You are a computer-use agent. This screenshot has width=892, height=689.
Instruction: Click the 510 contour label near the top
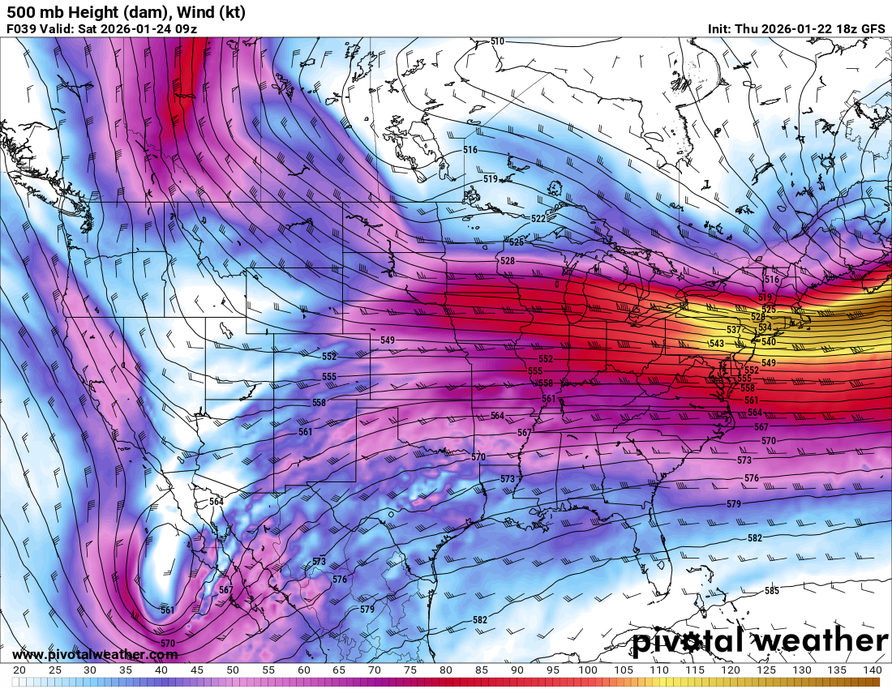pos(497,41)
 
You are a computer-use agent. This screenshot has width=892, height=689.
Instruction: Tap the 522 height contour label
pos(538,219)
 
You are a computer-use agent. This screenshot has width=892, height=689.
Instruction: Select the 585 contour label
pos(771,591)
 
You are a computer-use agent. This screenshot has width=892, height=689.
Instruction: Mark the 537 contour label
pos(733,330)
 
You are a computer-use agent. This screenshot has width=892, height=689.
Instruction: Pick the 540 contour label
pos(769,342)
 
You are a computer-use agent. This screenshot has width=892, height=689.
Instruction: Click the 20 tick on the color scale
pos(19,670)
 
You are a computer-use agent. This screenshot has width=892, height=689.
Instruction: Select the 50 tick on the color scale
pos(232,670)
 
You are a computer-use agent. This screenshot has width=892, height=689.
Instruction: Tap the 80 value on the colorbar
pos(446,670)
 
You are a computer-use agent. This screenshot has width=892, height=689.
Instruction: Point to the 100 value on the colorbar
pos(588,670)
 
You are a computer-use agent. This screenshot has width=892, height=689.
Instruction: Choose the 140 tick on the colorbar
pos(872,670)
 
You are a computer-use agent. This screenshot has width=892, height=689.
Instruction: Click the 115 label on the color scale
pos(694,670)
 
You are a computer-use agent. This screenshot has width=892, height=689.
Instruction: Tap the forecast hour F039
pos(22,28)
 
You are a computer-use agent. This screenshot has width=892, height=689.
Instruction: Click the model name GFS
pos(873,28)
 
